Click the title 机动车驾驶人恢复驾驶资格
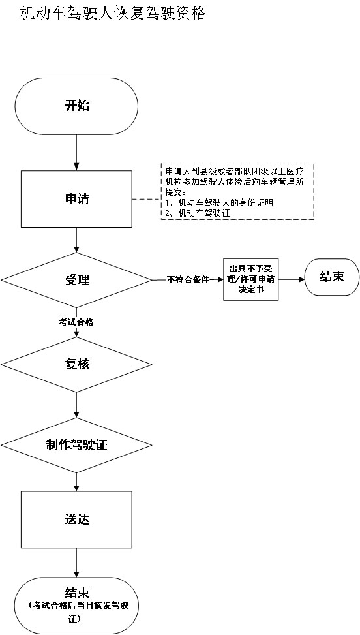point(113,14)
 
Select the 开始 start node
point(77,106)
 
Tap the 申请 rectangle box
point(77,199)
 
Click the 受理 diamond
point(77,280)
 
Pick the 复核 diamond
point(77,364)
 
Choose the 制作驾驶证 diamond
point(77,445)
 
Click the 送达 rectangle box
point(77,519)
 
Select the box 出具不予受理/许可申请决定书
point(251,280)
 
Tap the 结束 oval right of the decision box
point(332,277)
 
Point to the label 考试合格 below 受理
point(77,322)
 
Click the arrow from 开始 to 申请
point(77,153)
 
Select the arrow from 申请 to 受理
point(77,240)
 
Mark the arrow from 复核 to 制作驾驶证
point(77,405)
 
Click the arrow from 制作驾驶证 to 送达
point(77,482)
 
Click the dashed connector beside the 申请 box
point(147,199)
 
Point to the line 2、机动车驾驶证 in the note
point(198,213)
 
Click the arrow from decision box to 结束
point(292,279)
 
